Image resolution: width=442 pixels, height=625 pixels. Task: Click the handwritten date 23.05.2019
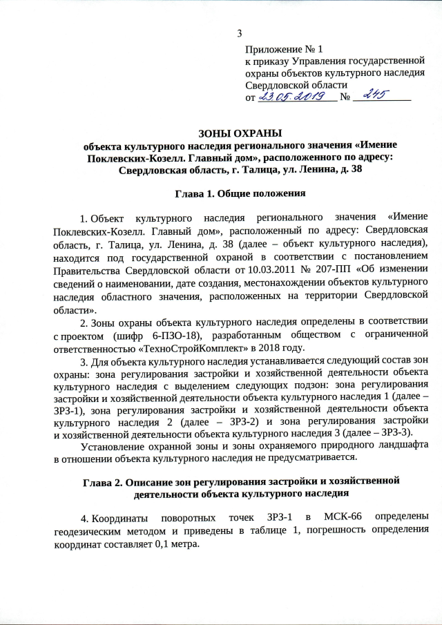(x=295, y=97)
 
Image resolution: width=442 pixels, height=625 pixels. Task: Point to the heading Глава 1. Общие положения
(x=240, y=190)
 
